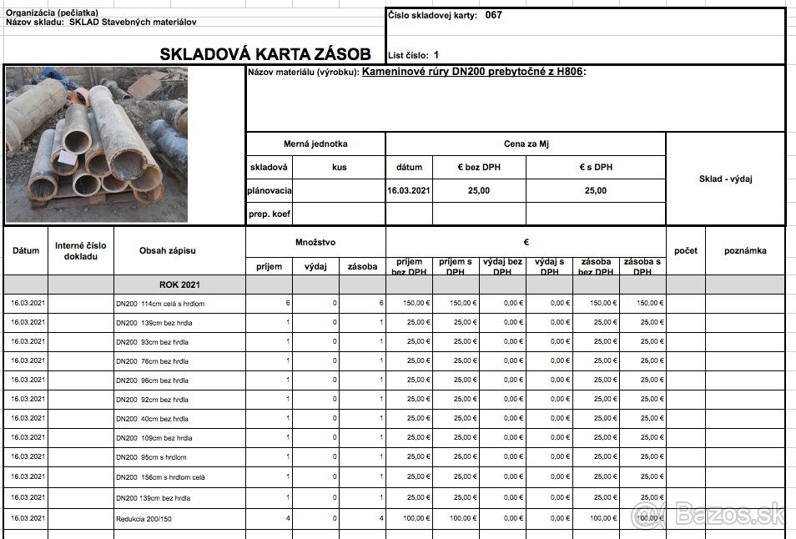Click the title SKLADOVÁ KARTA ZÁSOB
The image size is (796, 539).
coord(265,55)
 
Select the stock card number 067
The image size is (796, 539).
coord(493,15)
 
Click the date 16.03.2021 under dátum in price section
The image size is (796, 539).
coord(409,190)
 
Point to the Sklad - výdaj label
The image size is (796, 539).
coord(725,179)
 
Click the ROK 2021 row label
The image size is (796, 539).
coord(180,285)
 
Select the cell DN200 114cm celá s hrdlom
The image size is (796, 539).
coord(159,304)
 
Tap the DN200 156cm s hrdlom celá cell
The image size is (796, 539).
coord(161,477)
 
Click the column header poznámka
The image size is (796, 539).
coord(745,250)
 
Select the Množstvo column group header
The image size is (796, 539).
coord(315,242)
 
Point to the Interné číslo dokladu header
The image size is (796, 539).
coord(81,250)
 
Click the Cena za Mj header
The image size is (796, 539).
coord(526,144)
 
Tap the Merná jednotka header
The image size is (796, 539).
coord(315,144)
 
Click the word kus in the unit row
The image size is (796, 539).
coord(339,167)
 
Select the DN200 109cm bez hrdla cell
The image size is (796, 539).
coord(154,438)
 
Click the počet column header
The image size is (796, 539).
coord(685,250)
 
